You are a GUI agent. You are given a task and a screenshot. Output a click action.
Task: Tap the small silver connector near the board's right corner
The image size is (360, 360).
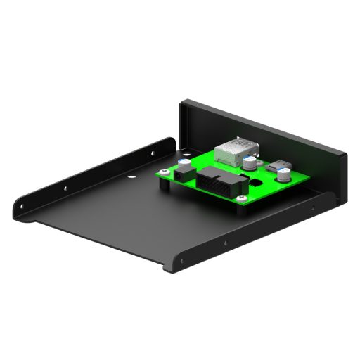(x=279, y=167)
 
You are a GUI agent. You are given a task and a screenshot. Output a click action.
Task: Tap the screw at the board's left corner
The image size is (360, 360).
(x=165, y=172)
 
